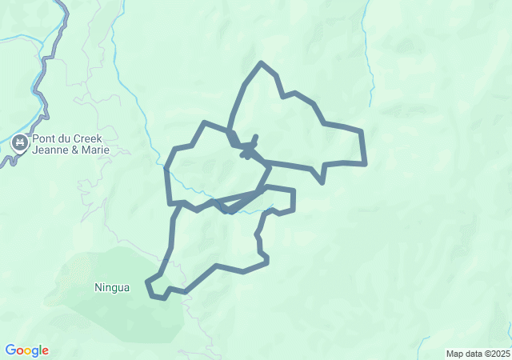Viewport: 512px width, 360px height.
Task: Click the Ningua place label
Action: click(x=111, y=287)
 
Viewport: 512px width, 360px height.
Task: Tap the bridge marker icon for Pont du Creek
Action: click(x=19, y=145)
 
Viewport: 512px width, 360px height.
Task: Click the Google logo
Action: click(x=26, y=350)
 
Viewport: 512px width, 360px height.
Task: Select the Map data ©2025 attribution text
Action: click(x=478, y=354)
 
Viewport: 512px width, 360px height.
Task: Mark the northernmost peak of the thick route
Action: click(x=261, y=62)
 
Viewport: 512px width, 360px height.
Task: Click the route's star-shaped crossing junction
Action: click(x=249, y=150)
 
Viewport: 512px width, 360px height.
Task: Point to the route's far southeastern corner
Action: click(x=365, y=164)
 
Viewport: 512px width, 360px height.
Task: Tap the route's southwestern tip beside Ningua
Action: click(x=147, y=282)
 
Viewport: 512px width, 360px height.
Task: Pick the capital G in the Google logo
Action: click(x=10, y=350)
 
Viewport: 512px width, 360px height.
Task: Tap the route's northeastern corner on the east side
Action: click(x=362, y=131)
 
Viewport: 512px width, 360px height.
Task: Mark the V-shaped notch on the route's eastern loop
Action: click(x=322, y=182)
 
